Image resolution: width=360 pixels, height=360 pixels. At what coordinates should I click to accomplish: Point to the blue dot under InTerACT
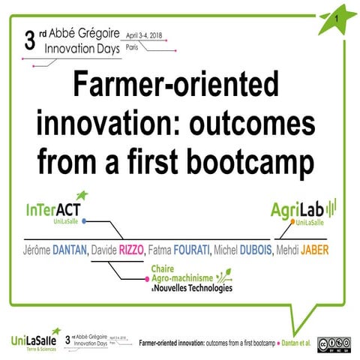pos(85,221)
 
